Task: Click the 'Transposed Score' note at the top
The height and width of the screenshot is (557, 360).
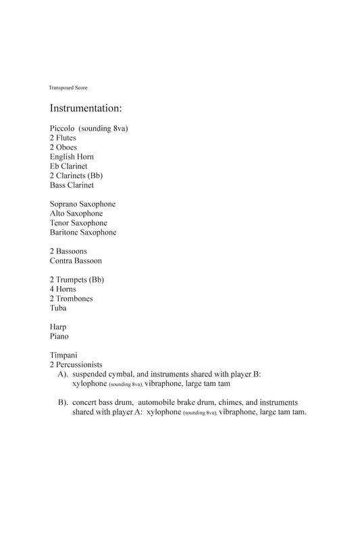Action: pos(68,88)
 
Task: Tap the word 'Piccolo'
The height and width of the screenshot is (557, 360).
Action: pos(62,128)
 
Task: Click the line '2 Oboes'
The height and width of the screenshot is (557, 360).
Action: pos(63,147)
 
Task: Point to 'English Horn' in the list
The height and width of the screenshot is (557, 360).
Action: pos(72,157)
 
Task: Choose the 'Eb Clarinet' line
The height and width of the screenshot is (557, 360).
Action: pos(68,166)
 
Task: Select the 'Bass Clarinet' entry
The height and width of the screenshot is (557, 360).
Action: pos(72,185)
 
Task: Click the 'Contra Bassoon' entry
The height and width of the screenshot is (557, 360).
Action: pos(76,261)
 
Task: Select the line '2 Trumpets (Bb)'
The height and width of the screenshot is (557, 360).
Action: pos(77,280)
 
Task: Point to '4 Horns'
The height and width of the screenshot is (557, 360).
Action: pos(63,289)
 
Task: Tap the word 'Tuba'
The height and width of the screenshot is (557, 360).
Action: pos(58,308)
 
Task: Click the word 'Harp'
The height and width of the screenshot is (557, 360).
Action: pos(58,327)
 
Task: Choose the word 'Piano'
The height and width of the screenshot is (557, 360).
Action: pos(59,337)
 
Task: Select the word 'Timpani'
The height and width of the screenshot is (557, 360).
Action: pos(63,356)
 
